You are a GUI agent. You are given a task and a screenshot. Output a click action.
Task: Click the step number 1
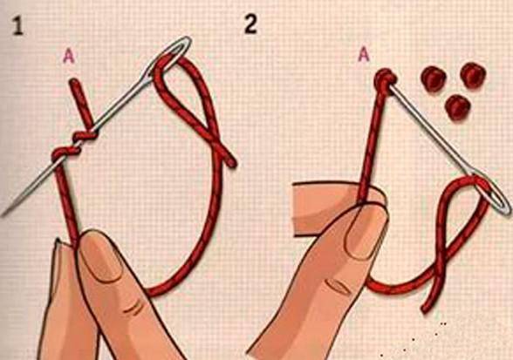[17, 25]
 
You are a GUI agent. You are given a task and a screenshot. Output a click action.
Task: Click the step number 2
[250, 24]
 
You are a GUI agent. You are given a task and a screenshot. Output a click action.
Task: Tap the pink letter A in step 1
[69, 56]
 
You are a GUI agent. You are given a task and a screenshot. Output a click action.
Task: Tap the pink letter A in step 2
[364, 54]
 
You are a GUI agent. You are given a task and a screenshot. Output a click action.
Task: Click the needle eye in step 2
[494, 196]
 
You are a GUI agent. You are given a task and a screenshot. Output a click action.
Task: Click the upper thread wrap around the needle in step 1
[85, 135]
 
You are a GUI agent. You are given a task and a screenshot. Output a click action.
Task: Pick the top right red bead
[473, 75]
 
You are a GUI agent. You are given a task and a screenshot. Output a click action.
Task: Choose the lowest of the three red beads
[457, 107]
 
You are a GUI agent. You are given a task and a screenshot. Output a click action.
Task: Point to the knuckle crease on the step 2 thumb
[339, 286]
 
